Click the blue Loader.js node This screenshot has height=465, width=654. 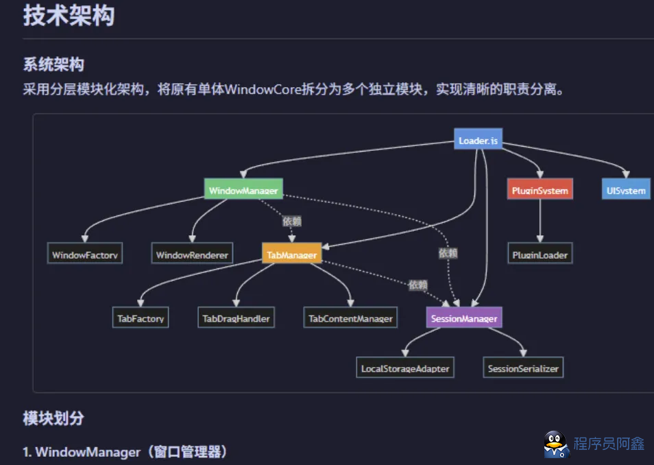click(478, 141)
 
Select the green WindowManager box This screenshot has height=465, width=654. click(243, 190)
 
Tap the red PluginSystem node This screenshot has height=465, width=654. click(540, 190)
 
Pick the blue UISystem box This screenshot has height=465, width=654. click(626, 190)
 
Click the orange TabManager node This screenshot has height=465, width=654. click(291, 255)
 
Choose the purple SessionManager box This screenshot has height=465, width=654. click(463, 318)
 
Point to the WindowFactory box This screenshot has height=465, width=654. click(86, 255)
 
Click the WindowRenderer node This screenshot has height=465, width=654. click(192, 255)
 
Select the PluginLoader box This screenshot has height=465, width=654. click(540, 255)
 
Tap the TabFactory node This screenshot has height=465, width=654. click(141, 318)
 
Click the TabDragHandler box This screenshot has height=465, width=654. click(236, 318)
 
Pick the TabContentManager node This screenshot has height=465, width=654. click(350, 318)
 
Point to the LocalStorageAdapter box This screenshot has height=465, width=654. click(405, 368)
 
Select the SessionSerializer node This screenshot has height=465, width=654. click(523, 368)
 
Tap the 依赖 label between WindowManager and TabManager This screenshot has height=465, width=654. click(292, 221)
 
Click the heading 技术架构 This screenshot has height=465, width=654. click(69, 16)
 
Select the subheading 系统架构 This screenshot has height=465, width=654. click(53, 65)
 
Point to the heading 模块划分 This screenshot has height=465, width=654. click(53, 418)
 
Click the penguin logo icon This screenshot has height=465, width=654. click(556, 444)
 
